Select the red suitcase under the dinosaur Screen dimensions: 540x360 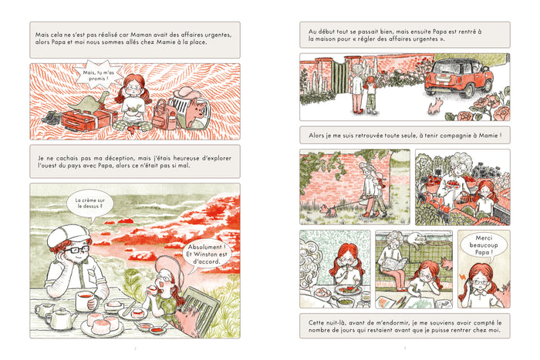89,120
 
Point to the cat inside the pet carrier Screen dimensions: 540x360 196,111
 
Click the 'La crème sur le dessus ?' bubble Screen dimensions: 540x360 90,204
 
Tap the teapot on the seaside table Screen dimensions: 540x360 61,318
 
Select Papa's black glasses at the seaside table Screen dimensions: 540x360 76,249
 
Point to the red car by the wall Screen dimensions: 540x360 458,78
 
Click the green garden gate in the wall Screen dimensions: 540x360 341,76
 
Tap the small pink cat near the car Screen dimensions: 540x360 434,106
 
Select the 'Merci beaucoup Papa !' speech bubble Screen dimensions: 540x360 484,245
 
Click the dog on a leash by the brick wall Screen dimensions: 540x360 328,210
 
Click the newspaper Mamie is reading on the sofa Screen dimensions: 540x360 395,264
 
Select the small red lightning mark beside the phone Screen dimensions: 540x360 462,277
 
